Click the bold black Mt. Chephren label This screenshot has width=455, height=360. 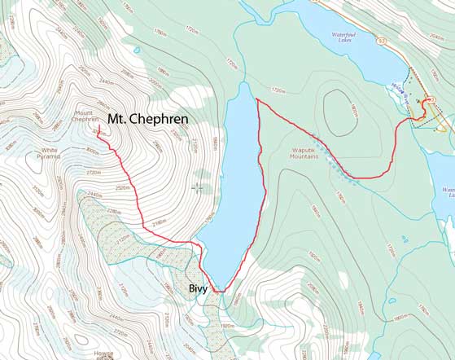148,119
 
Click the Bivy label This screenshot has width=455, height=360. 199,288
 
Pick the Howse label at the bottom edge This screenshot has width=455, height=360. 103,353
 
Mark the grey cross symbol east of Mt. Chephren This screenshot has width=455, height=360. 197,188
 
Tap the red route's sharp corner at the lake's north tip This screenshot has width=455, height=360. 257,99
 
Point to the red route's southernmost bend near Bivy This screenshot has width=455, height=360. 218,290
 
